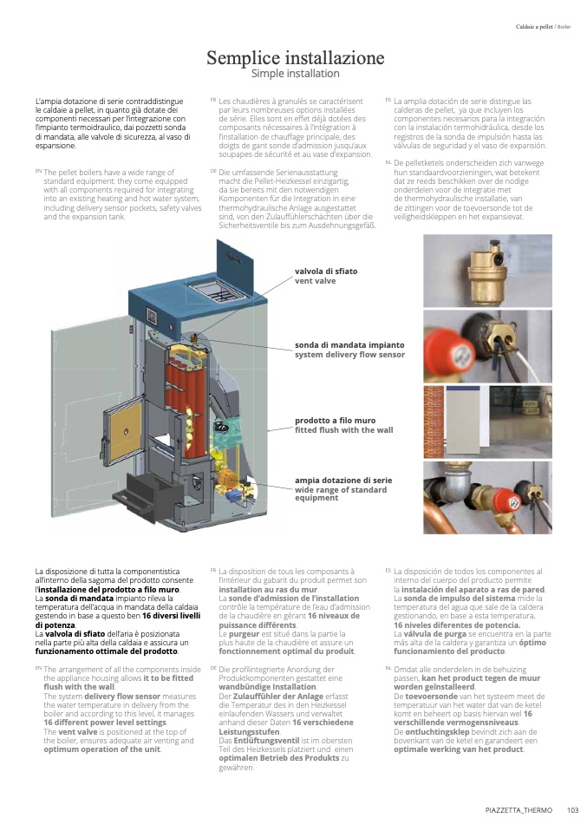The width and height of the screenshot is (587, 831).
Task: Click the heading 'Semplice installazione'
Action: tap(295, 57)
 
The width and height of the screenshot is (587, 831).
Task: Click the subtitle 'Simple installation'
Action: tap(295, 74)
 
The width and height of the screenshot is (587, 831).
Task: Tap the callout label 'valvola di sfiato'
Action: tap(326, 272)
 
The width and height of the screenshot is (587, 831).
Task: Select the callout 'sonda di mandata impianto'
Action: tap(349, 345)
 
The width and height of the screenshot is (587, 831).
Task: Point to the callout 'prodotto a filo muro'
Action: tap(335, 420)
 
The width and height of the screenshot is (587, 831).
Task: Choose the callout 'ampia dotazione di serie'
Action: tap(343, 481)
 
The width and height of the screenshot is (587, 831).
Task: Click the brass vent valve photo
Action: tap(487, 271)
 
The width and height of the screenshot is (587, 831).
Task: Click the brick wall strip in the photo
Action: tap(434, 422)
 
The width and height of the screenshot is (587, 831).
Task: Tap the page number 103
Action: tap(572, 810)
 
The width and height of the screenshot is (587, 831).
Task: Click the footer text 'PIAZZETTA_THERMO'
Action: tap(519, 810)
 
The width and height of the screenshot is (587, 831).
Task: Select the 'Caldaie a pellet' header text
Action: tap(534, 27)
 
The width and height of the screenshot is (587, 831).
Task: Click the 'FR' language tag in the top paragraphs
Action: tap(213, 100)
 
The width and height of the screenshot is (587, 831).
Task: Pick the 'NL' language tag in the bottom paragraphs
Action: tap(388, 668)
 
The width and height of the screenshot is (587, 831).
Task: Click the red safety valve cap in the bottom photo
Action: tap(506, 500)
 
